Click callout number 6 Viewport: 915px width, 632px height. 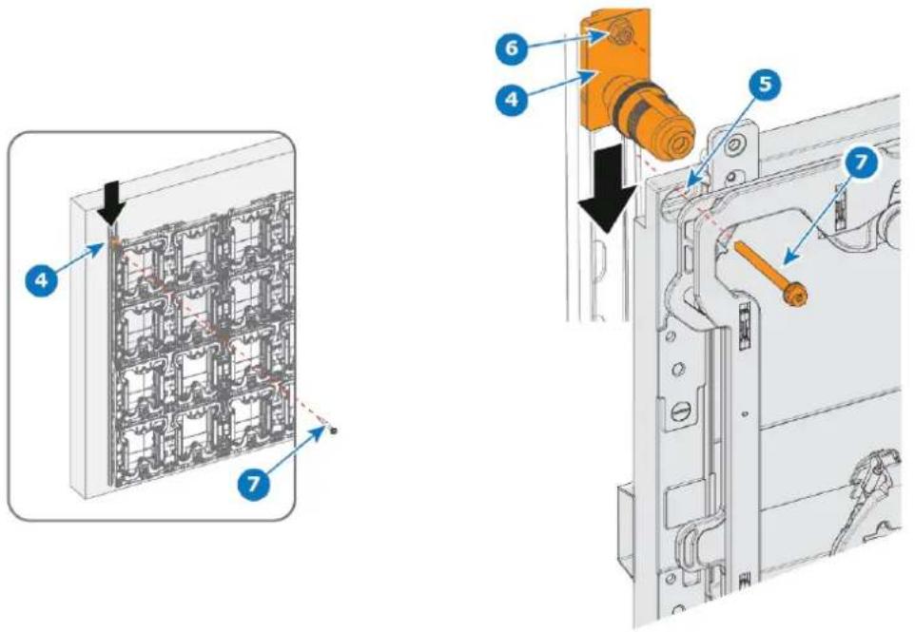512,48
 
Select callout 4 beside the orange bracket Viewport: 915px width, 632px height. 511,99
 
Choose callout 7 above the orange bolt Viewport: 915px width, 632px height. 863,163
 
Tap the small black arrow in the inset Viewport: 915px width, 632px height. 111,202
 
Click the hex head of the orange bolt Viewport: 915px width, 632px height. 793,296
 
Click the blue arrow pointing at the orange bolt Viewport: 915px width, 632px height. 820,219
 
